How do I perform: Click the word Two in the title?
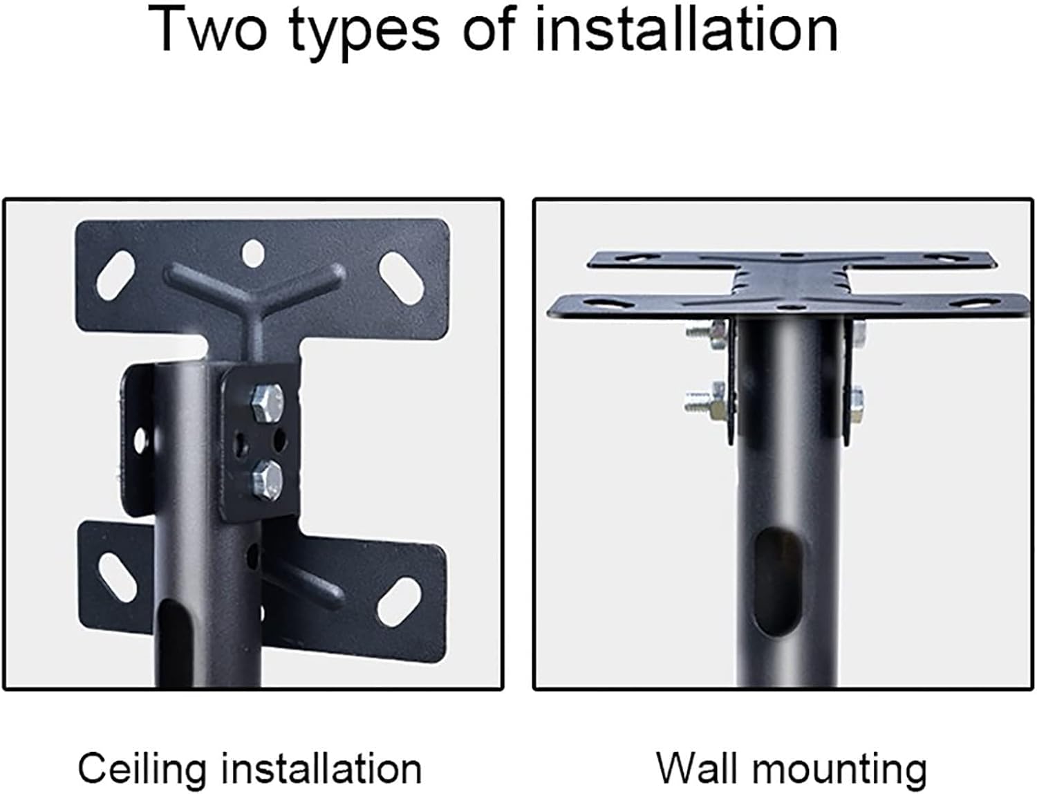tap(208, 29)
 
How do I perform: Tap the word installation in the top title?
tap(686, 29)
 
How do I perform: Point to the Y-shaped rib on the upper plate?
tap(254, 290)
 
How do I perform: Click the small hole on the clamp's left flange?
tap(141, 438)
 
